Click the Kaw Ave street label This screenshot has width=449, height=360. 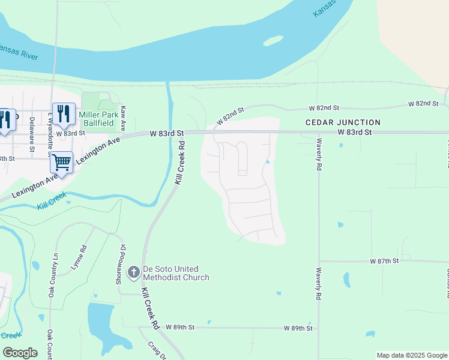[123, 119]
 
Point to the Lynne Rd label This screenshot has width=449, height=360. [79, 256]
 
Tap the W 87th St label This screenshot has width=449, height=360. [385, 262]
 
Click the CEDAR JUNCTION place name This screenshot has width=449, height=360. [343, 122]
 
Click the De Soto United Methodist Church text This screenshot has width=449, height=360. [175, 273]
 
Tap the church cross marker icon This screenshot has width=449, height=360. [133, 272]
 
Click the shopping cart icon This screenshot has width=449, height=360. [61, 161]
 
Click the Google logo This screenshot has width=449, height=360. [20, 353]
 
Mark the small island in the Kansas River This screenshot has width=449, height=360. [273, 41]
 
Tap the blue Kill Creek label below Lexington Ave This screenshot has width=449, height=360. [49, 206]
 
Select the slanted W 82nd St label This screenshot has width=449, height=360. [231, 116]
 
